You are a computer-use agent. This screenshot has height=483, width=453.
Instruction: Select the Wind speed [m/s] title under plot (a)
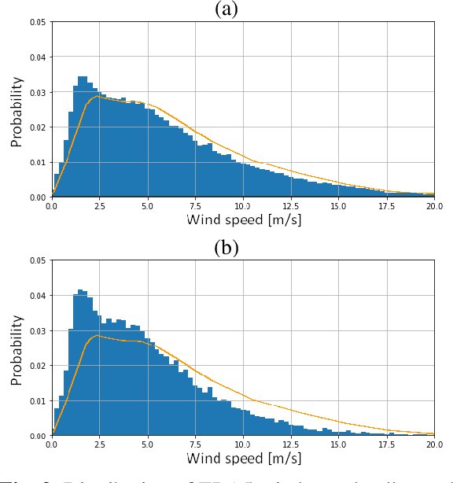click(243, 219)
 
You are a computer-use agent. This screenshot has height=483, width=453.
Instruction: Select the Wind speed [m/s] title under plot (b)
click(243, 458)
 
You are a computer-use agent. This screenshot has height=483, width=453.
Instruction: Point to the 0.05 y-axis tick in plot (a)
click(38, 22)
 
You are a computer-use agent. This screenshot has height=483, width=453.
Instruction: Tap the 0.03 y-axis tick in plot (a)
click(38, 92)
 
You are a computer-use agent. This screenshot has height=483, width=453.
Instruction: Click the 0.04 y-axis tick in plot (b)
click(38, 296)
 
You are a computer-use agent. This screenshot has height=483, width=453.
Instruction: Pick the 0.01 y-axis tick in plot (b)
click(38, 400)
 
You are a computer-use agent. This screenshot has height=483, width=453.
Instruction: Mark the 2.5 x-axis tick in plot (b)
click(99, 444)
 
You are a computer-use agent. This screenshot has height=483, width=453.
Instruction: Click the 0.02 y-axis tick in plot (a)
click(38, 127)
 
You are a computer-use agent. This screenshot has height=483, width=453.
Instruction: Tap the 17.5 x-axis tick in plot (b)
click(386, 444)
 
